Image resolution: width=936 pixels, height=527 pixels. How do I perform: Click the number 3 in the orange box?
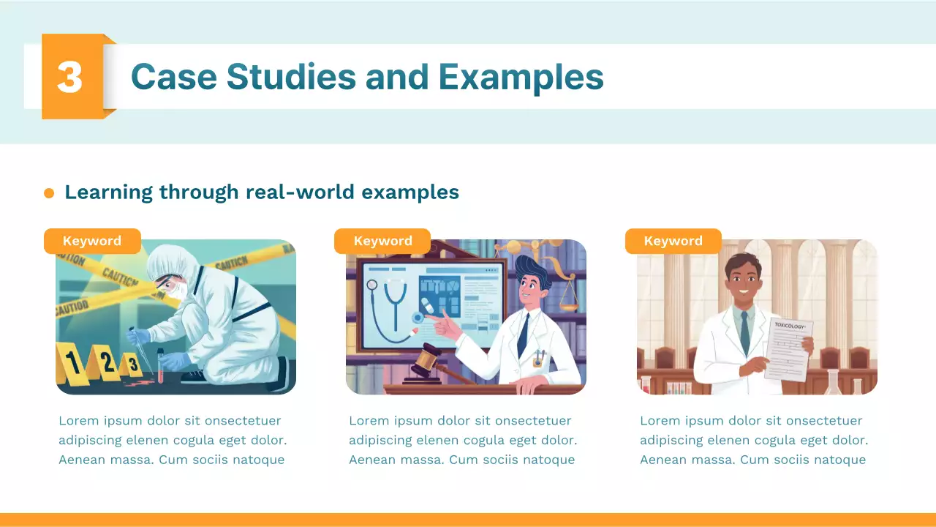(x=69, y=77)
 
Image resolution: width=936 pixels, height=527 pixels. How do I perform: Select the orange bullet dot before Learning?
(x=49, y=193)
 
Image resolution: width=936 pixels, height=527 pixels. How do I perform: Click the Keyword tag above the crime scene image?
(x=92, y=241)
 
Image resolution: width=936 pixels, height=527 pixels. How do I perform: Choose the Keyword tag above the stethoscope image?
(x=382, y=241)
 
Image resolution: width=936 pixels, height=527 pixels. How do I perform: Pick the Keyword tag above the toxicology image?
(x=673, y=241)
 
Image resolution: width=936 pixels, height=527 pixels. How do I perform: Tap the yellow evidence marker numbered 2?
(x=107, y=362)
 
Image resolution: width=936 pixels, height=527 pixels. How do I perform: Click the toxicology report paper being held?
(x=788, y=351)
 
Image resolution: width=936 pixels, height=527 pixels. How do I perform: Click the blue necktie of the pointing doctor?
(x=523, y=333)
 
